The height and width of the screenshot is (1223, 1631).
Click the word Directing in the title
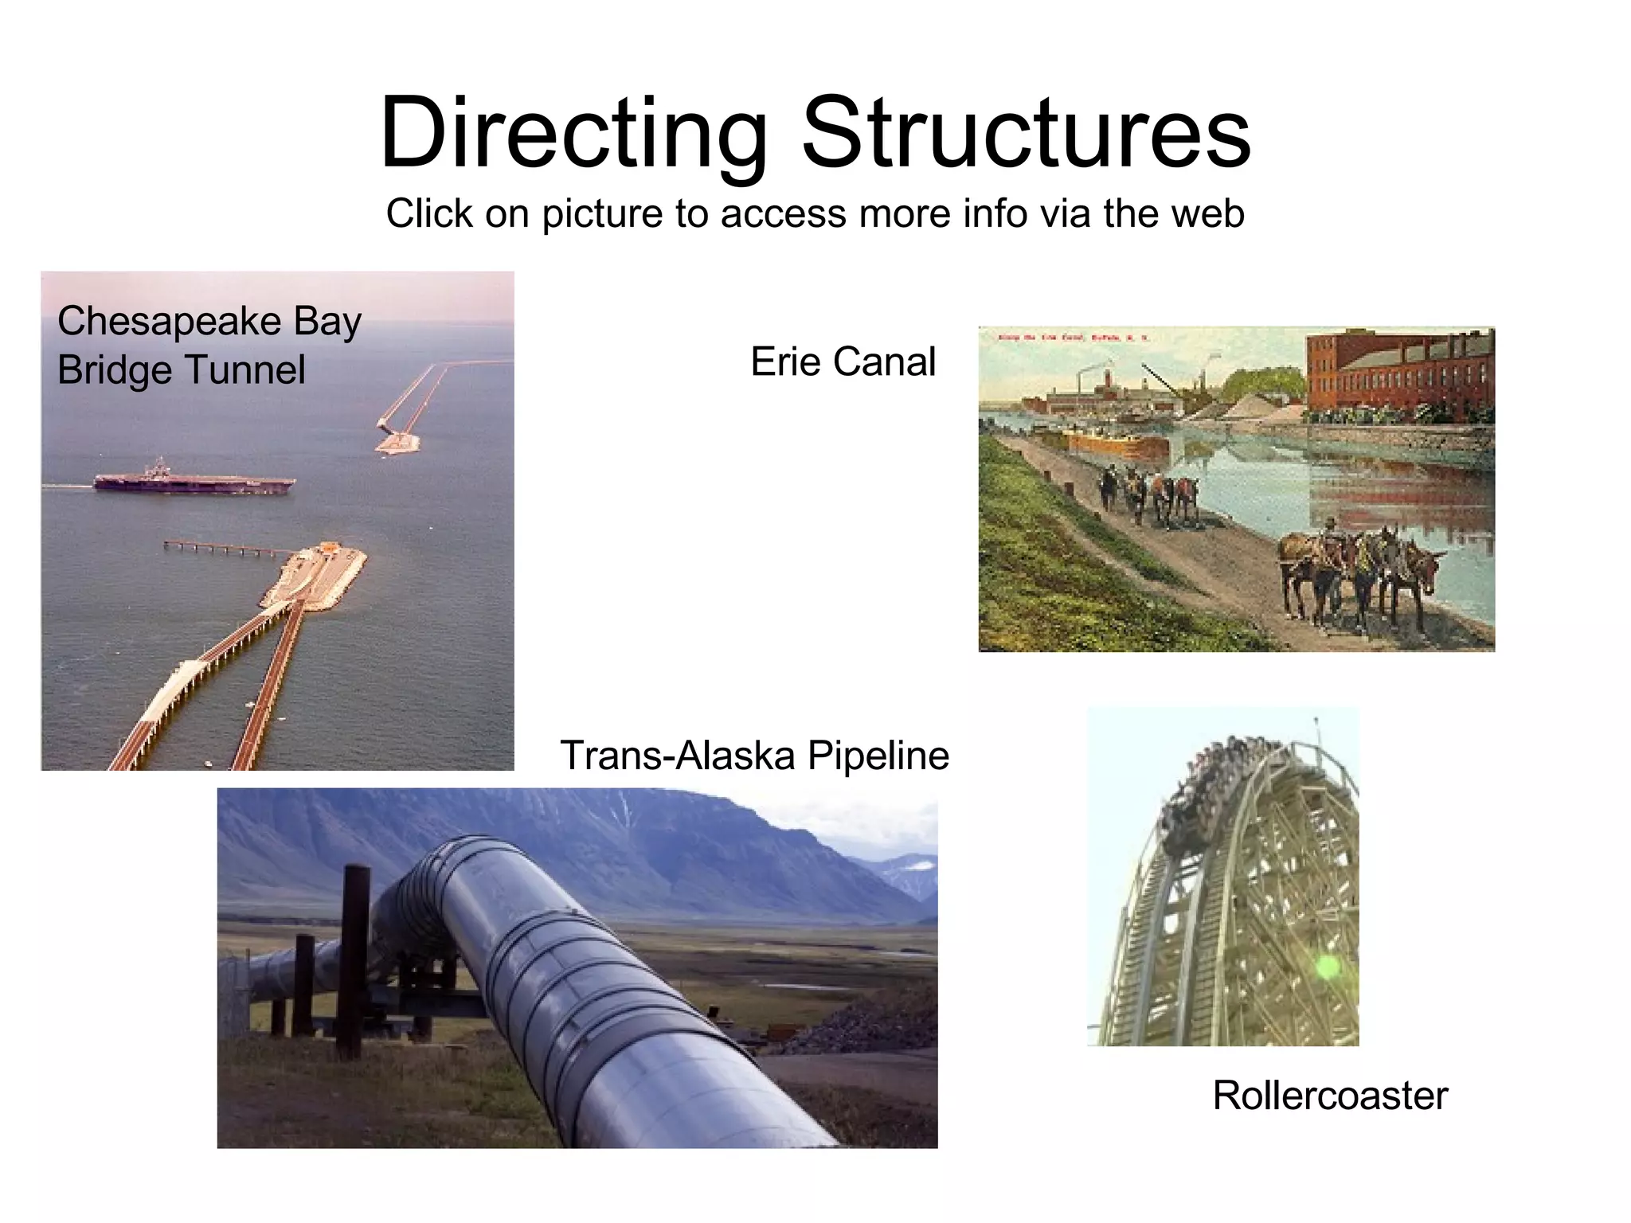point(573,134)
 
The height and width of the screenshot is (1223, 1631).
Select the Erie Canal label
point(843,362)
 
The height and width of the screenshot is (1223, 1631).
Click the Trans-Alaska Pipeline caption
point(754,755)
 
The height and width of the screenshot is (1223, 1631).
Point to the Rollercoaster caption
point(1329,1095)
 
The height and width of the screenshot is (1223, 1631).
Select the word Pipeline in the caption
point(878,755)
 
